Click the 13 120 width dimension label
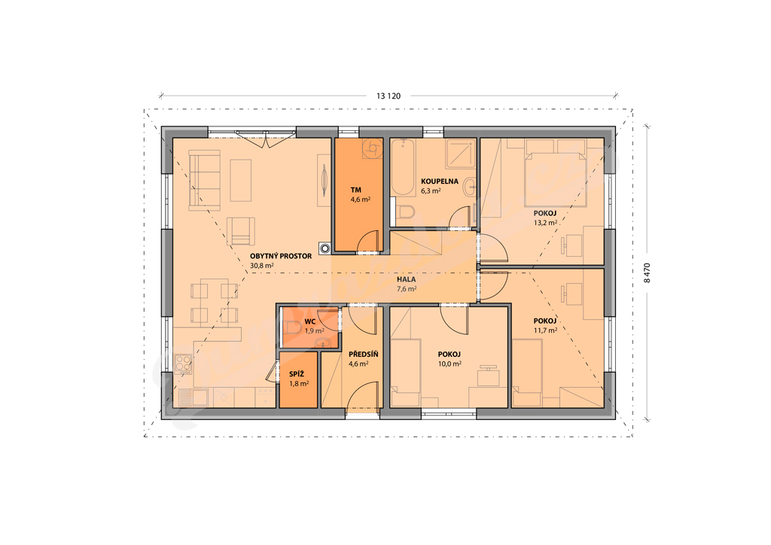coord(389,96)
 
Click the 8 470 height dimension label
coord(647,272)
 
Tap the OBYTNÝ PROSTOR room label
coord(281,256)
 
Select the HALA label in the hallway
coord(406,279)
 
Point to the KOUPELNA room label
coord(440,181)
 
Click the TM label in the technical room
coord(356,190)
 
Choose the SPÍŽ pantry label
coord(297,374)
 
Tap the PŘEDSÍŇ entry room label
coord(364,355)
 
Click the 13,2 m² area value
coord(545,223)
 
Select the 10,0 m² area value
coord(449,364)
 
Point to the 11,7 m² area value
coord(545,330)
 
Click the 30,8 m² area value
coord(261,266)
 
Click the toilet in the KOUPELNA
coord(406,213)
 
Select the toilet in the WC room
coord(293,327)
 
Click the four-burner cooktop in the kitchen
coord(183,364)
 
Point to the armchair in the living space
coord(241,231)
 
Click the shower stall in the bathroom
coord(462,153)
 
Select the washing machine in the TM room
coord(372,148)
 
